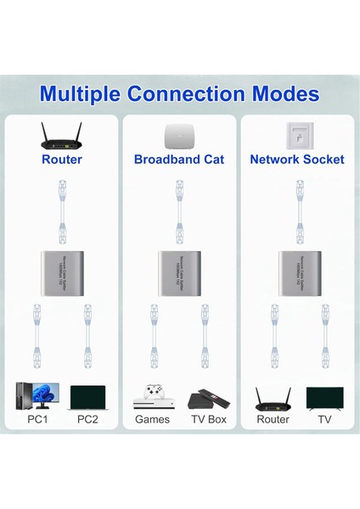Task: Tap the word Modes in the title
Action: click(285, 92)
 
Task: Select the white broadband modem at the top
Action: click(178, 135)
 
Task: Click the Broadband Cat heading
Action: click(178, 159)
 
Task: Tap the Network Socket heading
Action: click(296, 159)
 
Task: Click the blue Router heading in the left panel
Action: click(61, 159)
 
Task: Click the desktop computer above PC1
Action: click(31, 398)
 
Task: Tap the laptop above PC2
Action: click(87, 399)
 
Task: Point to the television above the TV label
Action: click(324, 398)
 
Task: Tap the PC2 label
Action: click(88, 419)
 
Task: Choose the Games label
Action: click(153, 419)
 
